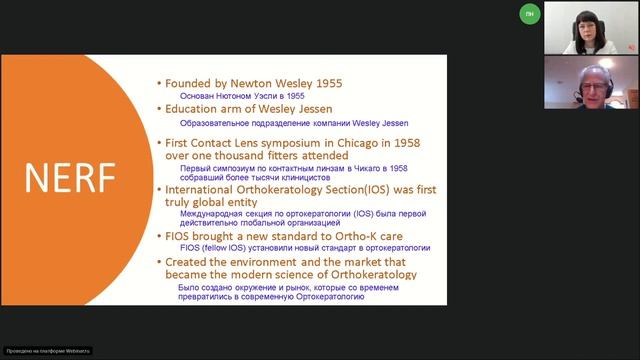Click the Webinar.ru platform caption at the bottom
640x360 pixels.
48,351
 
